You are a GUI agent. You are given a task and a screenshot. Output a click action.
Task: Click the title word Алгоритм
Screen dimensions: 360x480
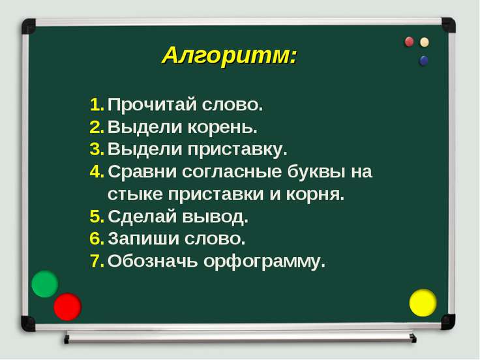229,55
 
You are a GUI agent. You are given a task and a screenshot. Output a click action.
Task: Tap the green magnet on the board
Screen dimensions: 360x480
45,284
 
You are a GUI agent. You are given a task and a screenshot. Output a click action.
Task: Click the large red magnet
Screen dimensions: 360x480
67,307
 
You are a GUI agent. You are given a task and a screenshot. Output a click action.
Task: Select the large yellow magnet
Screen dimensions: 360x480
423,303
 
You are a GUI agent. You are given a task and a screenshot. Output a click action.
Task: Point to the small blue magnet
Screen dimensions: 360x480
424,61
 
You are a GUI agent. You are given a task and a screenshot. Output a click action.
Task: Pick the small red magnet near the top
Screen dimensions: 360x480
410,42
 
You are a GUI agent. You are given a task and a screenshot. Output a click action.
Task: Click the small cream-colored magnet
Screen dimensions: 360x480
425,42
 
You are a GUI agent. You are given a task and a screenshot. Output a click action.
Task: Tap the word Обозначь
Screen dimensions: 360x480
153,262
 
